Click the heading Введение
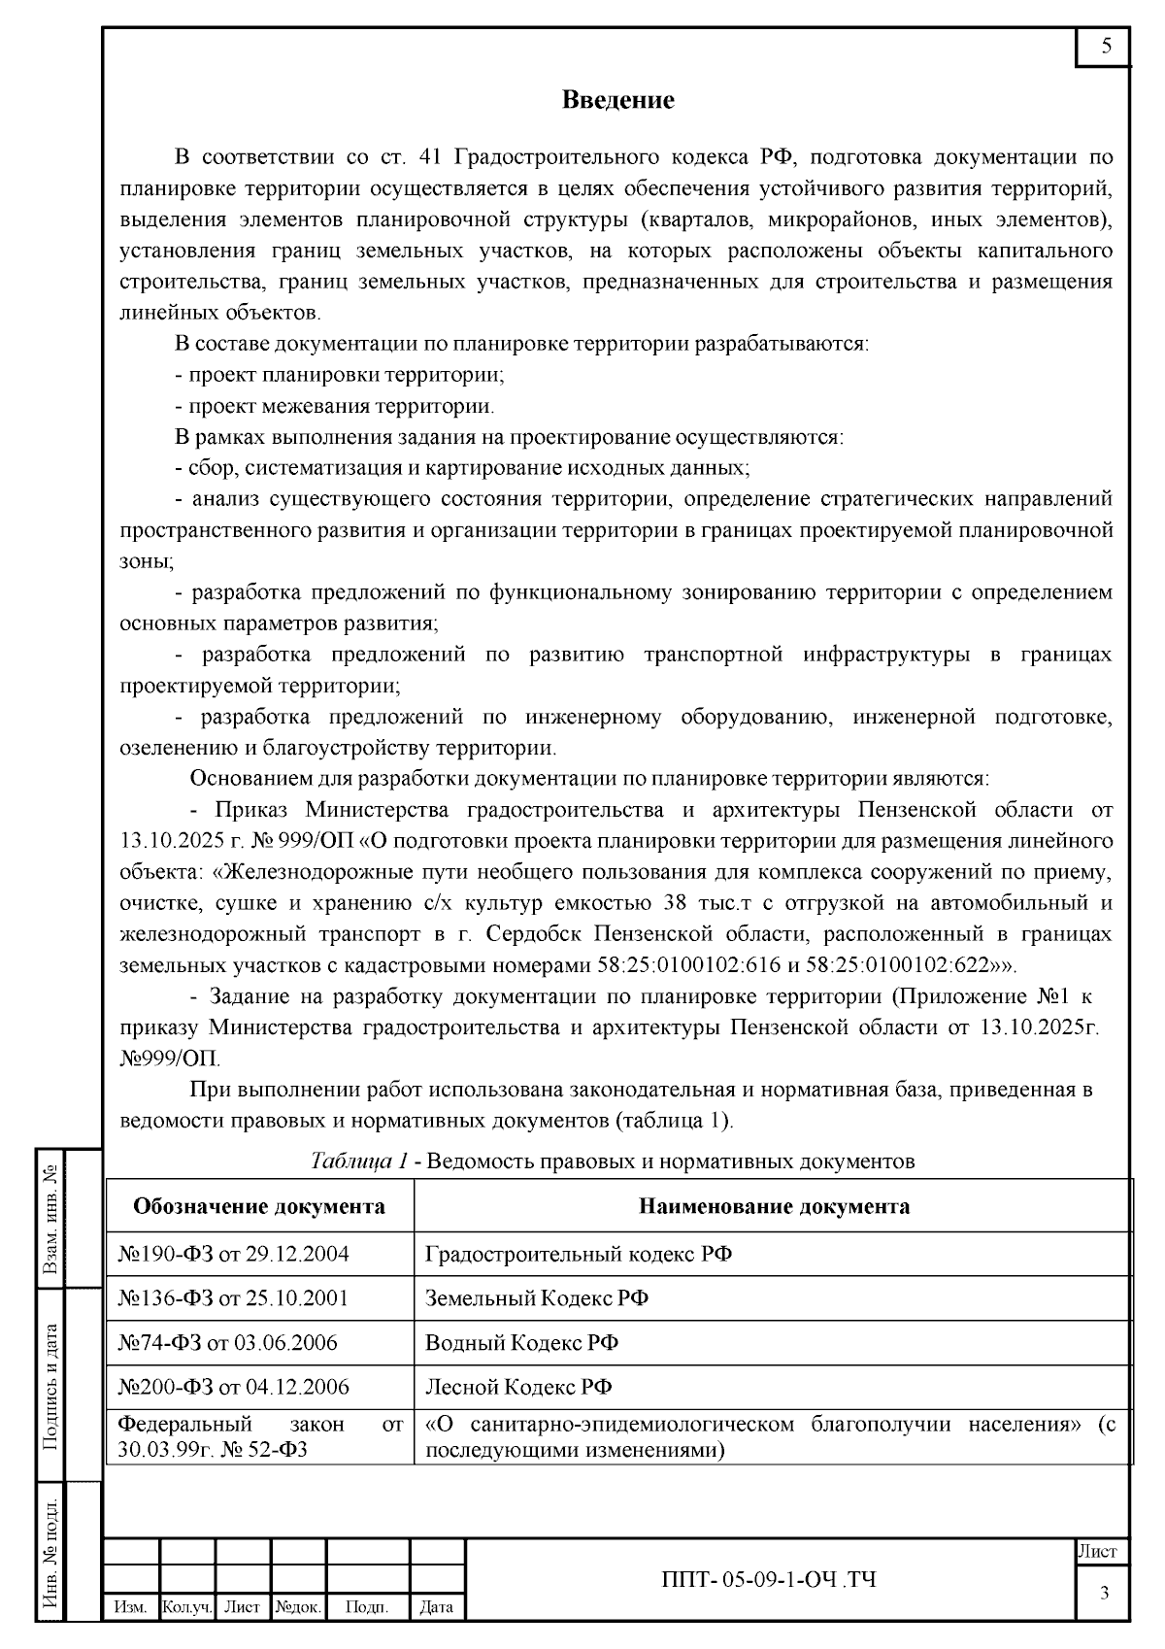618,100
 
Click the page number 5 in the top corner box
1106,46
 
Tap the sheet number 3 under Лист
1104,1593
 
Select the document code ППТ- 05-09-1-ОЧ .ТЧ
768,1580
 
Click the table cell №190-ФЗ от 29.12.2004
233,1254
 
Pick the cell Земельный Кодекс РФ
537,1298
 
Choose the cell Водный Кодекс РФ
522,1343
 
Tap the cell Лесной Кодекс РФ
518,1387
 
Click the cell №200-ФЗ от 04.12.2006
233,1387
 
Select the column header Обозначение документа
259,1207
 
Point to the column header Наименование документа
774,1207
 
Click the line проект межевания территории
335,406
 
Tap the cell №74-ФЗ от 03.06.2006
227,1343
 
